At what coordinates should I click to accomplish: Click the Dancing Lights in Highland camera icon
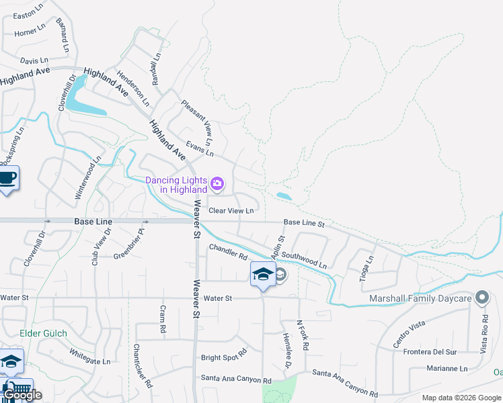point(217,183)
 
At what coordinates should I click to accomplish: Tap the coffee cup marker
point(7,179)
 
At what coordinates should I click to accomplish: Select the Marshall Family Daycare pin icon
point(481,297)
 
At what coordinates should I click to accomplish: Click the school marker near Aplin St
point(262,274)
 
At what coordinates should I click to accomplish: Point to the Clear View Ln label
point(231,211)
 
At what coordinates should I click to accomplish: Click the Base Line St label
point(304,222)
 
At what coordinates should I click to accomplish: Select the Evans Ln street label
point(200,149)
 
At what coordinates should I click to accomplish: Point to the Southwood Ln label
point(304,260)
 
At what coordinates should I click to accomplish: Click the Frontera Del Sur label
point(430,352)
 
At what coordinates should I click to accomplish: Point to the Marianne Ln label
point(447,368)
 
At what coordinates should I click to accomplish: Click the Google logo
point(22,395)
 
